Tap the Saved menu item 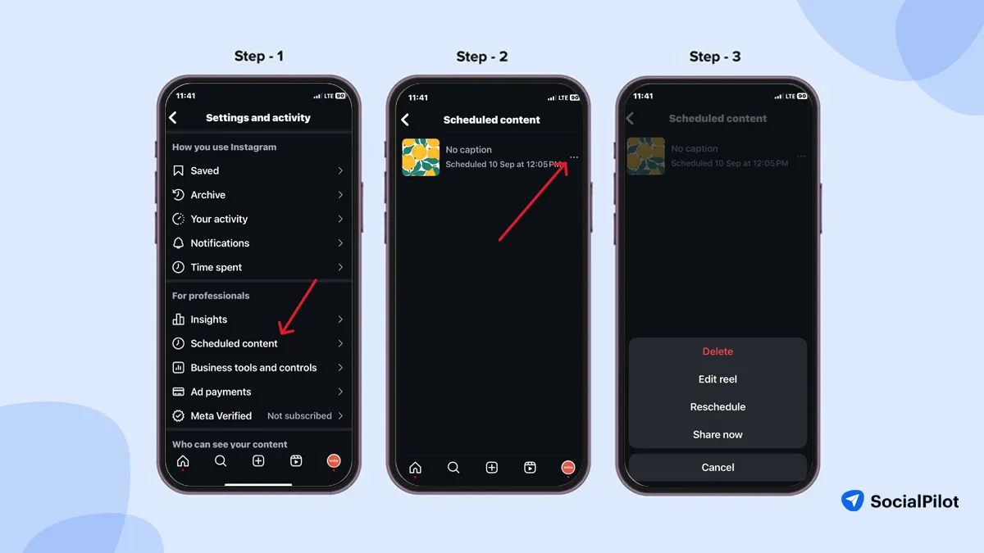[205, 170]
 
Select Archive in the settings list [207, 195]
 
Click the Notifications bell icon [179, 243]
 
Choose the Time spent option [216, 267]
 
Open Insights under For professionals [208, 320]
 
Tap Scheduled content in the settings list [234, 343]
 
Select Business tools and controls [253, 368]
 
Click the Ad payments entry [221, 392]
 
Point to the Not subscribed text [299, 416]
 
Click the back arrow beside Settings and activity [173, 118]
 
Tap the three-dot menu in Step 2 [574, 157]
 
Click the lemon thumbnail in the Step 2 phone [421, 157]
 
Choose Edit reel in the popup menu [717, 379]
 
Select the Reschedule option [717, 407]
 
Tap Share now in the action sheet [717, 435]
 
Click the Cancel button [717, 467]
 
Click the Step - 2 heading [482, 57]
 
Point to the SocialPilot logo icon [853, 501]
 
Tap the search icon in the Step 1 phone [221, 461]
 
